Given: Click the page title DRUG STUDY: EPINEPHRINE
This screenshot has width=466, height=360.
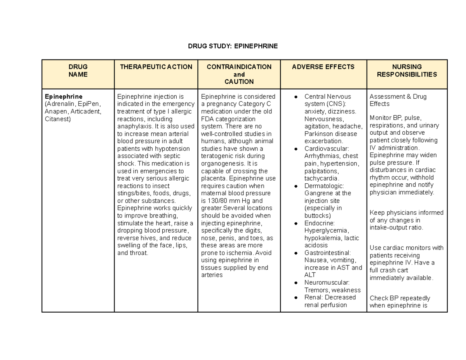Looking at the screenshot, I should [x=233, y=46].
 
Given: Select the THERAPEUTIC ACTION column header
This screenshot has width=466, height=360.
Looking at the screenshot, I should [x=156, y=67].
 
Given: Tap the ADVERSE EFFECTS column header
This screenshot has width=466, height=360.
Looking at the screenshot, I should [x=323, y=67].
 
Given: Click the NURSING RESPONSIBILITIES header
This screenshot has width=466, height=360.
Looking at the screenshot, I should [x=407, y=71].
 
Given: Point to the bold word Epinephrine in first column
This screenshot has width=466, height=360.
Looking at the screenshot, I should [x=63, y=96].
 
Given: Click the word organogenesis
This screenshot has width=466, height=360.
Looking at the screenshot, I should [x=219, y=163].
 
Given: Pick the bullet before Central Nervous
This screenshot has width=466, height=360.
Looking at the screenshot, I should [x=296, y=96].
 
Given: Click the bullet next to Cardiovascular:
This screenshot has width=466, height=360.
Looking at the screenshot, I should [x=296, y=149].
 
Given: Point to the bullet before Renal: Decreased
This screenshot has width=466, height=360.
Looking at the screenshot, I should [x=296, y=297].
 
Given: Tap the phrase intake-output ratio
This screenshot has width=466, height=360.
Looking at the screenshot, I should [x=396, y=227].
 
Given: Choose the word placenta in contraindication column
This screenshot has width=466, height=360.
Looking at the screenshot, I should [x=213, y=179].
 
